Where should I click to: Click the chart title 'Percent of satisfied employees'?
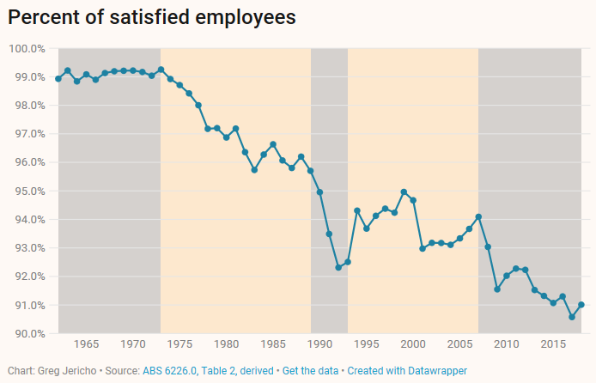point(152,17)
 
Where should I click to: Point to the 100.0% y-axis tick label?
point(27,49)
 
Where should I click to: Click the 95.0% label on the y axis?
point(28,191)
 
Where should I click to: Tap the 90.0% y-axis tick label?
point(28,334)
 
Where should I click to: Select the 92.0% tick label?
point(28,277)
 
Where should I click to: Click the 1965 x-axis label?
point(86,345)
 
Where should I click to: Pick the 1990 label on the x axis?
point(319,345)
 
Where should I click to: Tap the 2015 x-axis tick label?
point(553,345)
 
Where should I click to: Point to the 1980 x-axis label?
point(226,345)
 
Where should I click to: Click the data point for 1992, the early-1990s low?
point(338,268)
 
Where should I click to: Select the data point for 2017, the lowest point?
point(572,317)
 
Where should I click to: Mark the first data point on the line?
point(58,79)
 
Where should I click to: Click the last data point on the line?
point(581,305)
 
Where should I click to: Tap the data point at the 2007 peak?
point(478,216)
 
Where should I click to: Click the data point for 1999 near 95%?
point(404,192)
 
